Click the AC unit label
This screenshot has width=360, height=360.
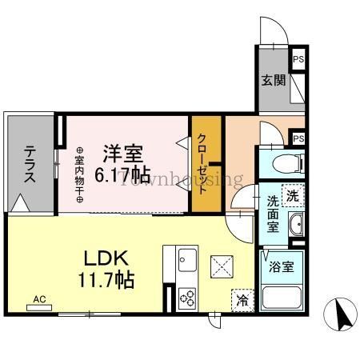pos(40,300)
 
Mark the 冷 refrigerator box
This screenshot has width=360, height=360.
pos(241,301)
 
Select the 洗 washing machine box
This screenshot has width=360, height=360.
pos(293,194)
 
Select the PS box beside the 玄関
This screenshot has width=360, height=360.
pos(298,59)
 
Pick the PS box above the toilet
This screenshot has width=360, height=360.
pos(298,138)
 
